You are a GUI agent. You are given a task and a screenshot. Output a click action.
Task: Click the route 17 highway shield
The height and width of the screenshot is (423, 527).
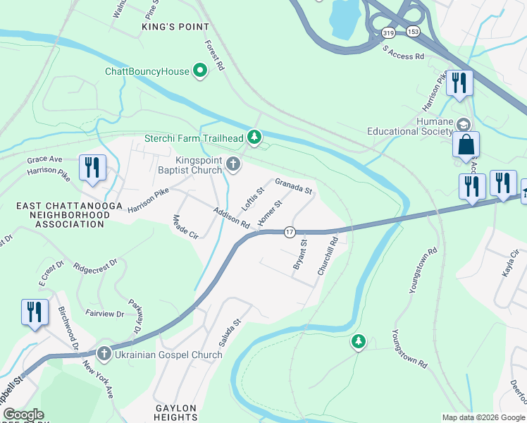pos(289,232)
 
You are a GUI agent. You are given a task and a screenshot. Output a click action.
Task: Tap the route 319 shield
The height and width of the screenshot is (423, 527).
pos(388,32)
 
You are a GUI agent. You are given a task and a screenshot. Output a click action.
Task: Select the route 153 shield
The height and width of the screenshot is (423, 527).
pos(413,32)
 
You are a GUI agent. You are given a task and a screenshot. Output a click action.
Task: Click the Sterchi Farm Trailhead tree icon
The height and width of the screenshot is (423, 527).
pos(254,137)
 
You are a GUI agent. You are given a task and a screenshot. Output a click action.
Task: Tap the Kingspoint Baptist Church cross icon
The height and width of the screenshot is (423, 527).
pos(233,165)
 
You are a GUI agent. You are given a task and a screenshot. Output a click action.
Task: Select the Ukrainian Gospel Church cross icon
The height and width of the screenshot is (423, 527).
pos(104,354)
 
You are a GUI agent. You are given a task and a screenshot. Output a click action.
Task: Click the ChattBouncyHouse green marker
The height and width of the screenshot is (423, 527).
pos(200,70)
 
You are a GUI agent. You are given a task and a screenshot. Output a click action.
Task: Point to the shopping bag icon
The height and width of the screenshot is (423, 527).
pos(466,145)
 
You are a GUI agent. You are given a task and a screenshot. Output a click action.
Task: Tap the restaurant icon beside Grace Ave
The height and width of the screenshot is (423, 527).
pos(92,168)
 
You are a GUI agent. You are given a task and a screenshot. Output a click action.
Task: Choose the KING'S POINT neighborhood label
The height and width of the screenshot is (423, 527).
pos(175,27)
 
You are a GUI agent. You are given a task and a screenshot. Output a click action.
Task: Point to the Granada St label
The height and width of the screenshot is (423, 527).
pos(293,187)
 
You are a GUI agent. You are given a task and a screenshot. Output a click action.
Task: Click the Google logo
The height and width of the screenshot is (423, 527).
pos(23,415)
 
